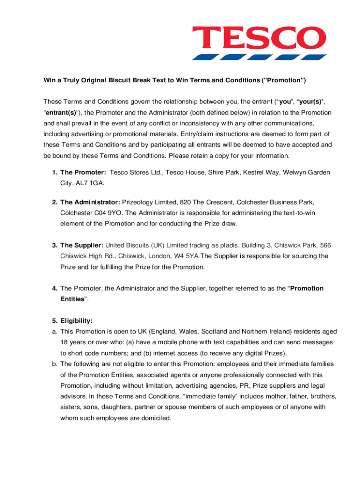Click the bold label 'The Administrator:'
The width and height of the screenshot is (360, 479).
coord(90,202)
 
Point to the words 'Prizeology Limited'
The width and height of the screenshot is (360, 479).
coord(150,202)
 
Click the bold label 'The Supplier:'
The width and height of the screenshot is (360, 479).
coord(82,245)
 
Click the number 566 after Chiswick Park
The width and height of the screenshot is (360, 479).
coord(324,245)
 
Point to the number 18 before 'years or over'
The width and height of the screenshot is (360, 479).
coord(64,342)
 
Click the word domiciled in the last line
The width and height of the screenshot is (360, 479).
coord(155,418)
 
